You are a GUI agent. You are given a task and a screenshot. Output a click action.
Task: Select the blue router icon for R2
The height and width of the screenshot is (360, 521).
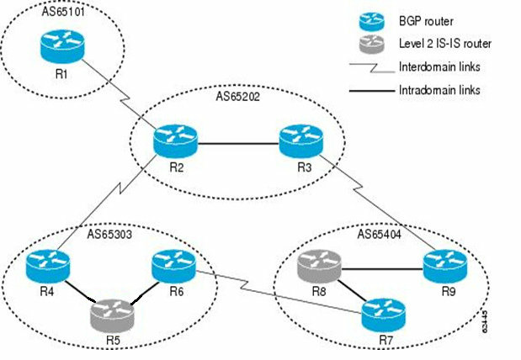[175, 140]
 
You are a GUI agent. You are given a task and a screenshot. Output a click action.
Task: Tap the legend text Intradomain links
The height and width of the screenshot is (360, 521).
[439, 88]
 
